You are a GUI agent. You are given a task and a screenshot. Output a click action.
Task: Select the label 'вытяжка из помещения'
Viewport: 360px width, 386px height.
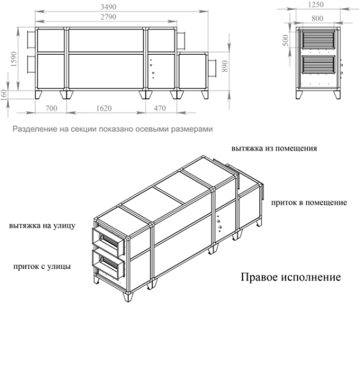point(274,147)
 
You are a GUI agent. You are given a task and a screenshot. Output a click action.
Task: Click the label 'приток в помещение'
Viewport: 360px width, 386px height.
point(309,202)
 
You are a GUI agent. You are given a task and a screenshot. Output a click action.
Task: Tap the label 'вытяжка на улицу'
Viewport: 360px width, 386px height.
point(42,226)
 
